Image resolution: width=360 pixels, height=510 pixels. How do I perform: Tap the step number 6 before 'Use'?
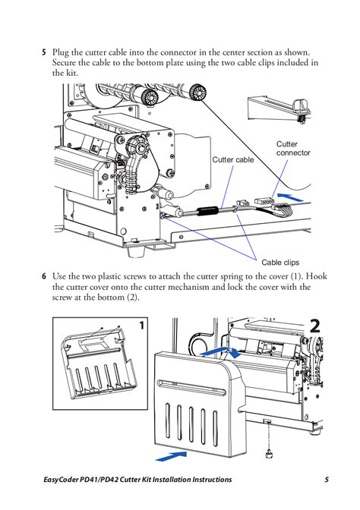pos(44,278)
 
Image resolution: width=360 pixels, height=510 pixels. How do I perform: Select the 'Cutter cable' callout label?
pos(232,160)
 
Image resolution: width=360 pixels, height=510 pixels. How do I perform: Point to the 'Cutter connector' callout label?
pos(292,149)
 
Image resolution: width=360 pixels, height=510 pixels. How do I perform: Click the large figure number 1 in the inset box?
pos(142,326)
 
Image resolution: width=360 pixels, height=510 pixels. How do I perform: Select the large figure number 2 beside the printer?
pos(315,326)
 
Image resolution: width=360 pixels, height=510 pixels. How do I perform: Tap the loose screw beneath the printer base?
pos(267,453)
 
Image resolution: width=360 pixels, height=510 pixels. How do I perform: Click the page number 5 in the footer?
pos(327,480)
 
